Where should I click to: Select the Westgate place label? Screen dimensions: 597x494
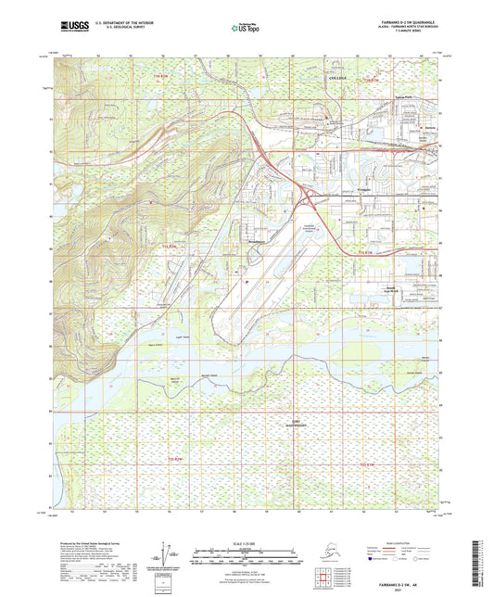click(340, 190)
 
